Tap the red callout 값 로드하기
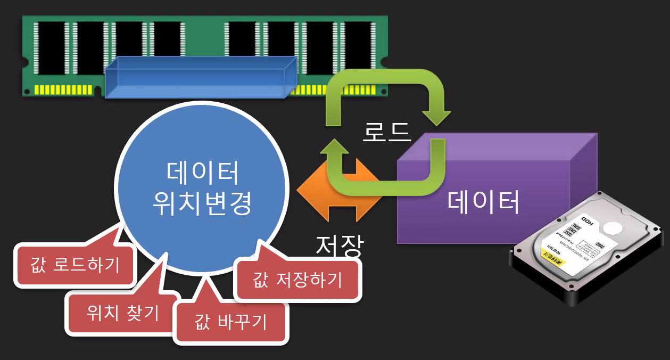(75, 265)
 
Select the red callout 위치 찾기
(122, 313)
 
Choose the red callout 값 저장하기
(297, 279)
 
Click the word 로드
(387, 131)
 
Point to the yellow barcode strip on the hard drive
(553, 258)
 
